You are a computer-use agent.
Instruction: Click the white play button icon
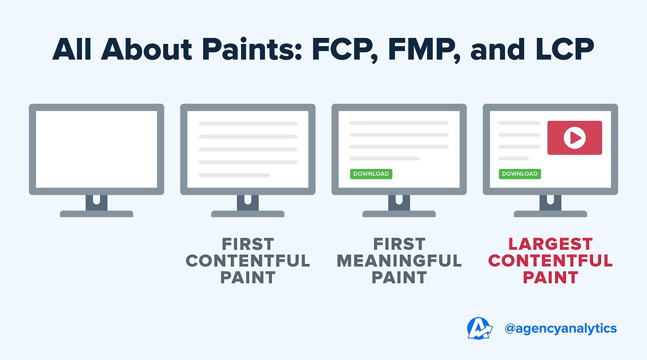pos(574,138)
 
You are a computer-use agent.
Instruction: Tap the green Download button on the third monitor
pos(371,174)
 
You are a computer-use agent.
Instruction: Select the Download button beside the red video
pos(520,174)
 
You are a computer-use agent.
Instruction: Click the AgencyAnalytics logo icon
pos(479,328)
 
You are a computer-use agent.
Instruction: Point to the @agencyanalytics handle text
pos(561,329)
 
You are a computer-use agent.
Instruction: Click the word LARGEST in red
pos(550,244)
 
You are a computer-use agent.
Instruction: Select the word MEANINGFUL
pos(399,261)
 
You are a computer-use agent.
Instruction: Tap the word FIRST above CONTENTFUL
pos(248,244)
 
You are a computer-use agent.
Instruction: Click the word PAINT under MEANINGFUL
pos(399,278)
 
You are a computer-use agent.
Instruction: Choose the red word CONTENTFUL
pos(550,261)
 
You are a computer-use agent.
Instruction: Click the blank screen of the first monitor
pos(97,149)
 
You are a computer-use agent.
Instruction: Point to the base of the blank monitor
pos(97,214)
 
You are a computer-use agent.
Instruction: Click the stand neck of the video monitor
pos(550,202)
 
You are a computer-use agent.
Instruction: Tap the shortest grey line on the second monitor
pos(234,175)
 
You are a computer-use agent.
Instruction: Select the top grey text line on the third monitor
pos(399,123)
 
